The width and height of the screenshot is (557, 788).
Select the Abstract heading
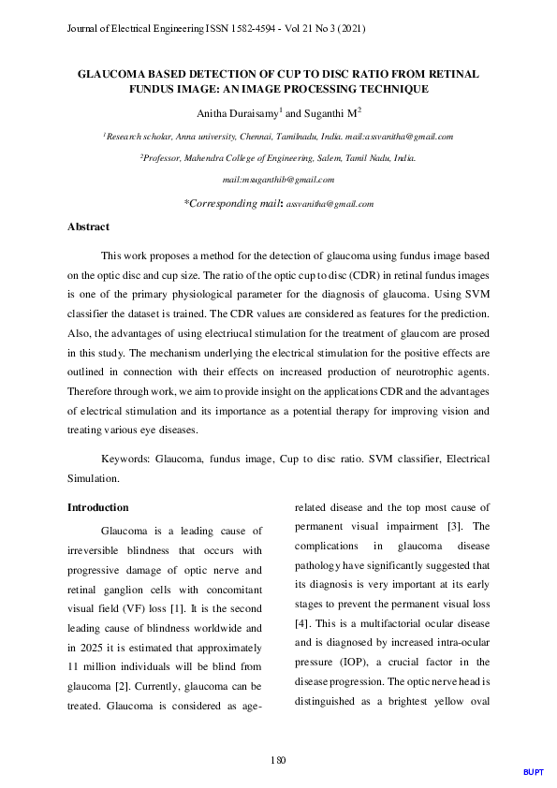(89, 227)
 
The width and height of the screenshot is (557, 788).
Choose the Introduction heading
(98, 507)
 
